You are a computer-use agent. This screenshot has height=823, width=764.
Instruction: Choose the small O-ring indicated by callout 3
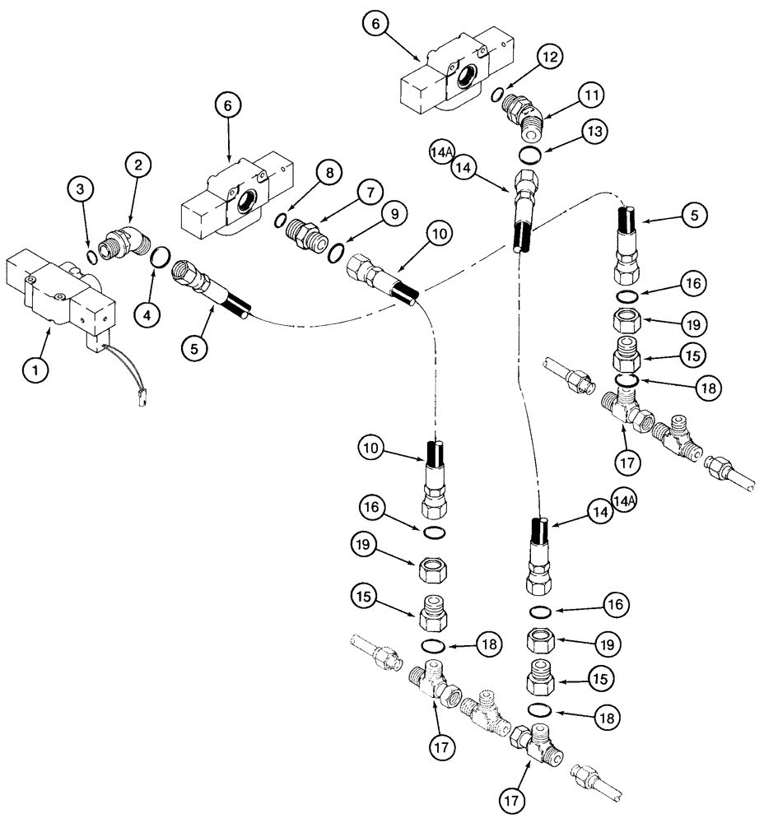91,254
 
